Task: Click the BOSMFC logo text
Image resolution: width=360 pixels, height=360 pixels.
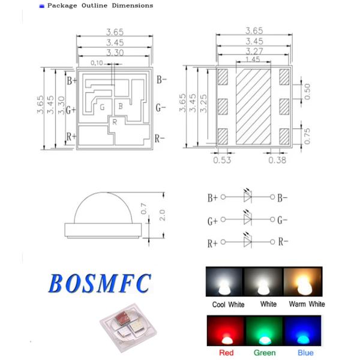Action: [100, 282]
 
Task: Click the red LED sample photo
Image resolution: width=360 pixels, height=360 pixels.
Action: [225, 332]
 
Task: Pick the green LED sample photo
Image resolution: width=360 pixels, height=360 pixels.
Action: [265, 332]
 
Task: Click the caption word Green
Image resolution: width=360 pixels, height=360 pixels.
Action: [265, 353]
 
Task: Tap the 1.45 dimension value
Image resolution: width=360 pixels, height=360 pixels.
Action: [252, 60]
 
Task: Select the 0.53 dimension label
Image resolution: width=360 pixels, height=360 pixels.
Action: [222, 160]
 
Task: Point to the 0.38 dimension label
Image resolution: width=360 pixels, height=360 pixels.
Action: [277, 160]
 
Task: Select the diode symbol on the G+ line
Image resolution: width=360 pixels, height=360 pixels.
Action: [247, 220]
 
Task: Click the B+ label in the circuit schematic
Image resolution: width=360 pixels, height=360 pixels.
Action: [212, 197]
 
